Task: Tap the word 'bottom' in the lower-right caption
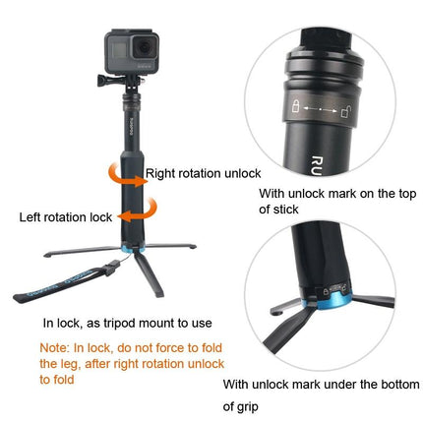click(x=370, y=384)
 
